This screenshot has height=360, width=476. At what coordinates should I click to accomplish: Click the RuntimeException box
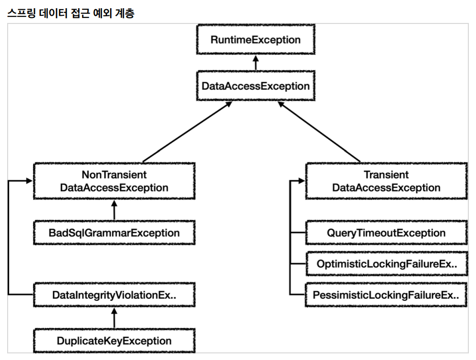[x=256, y=39]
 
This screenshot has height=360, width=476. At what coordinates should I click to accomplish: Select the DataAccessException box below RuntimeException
[x=256, y=86]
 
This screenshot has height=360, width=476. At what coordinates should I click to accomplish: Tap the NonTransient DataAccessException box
[x=114, y=181]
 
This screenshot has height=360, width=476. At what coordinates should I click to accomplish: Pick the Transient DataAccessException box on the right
[x=386, y=181]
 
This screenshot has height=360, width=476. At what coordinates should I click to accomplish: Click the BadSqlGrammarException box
[x=114, y=233]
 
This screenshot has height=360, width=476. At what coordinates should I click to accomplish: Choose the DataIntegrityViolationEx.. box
[x=114, y=295]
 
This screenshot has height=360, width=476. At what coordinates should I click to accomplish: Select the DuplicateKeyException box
[x=114, y=341]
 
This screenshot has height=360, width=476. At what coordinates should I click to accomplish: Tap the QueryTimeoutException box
[x=386, y=233]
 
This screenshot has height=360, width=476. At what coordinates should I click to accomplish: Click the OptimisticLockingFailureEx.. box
[x=387, y=264]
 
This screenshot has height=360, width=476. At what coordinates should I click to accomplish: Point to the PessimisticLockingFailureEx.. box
[x=386, y=295]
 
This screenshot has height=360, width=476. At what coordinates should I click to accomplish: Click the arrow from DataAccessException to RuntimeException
[x=256, y=63]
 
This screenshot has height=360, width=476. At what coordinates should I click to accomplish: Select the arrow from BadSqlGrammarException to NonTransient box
[x=114, y=210]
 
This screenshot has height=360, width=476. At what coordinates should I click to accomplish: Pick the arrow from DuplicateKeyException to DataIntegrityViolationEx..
[x=114, y=318]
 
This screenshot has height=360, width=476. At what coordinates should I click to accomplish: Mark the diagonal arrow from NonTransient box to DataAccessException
[x=188, y=132]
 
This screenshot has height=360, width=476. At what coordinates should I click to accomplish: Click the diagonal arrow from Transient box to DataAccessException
[x=319, y=132]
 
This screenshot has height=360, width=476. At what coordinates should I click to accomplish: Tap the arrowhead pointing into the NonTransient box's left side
[x=30, y=181]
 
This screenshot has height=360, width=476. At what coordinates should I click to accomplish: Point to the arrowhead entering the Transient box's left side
[x=302, y=181]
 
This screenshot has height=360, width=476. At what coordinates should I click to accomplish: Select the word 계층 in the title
[x=124, y=13]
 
